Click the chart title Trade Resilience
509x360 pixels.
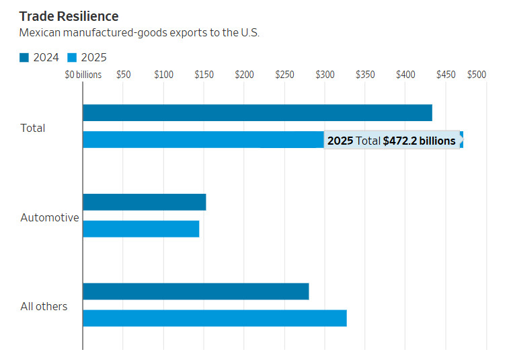69,16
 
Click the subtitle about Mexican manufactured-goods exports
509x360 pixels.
139,33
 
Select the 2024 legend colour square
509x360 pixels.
24,58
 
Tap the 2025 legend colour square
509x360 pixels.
73,58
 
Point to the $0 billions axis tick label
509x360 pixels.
83,75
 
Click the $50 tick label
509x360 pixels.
123,75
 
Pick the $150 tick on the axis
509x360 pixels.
204,75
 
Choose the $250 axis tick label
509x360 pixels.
284,75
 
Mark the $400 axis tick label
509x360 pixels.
405,75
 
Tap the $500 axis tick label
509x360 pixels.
476,75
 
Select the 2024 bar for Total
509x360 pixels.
257,113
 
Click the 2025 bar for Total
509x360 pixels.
202,140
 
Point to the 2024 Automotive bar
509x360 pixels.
144,202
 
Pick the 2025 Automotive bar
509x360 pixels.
141,229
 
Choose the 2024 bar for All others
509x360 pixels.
196,291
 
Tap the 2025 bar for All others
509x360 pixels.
214,318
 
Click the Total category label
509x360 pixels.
33,128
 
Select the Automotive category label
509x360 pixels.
50,217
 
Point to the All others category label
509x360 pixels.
44,306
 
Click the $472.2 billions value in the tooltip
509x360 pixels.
419,141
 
